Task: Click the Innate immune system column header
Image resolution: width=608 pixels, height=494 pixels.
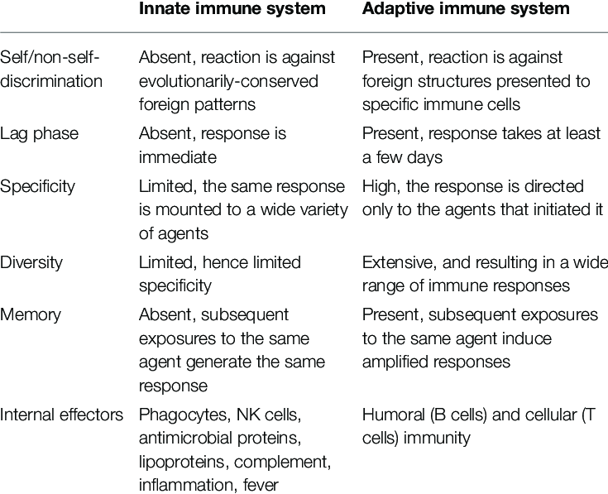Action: pyautogui.click(x=232, y=9)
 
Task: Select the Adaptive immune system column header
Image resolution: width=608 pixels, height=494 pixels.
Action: pyautogui.click(x=466, y=9)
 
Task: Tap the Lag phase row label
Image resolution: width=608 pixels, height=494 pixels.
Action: pyautogui.click(x=39, y=134)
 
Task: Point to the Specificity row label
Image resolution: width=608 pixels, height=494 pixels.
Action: pyautogui.click(x=37, y=187)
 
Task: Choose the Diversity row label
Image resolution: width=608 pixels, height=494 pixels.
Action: pyautogui.click(x=31, y=262)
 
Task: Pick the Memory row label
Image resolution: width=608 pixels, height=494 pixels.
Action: pyautogui.click(x=31, y=315)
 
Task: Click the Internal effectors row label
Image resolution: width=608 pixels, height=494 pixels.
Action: pyautogui.click(x=61, y=415)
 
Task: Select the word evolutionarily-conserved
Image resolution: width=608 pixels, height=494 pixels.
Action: pyautogui.click(x=228, y=81)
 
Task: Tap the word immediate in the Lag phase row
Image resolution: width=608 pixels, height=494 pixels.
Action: pyautogui.click(x=178, y=157)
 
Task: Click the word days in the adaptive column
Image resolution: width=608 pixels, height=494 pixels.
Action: pyautogui.click(x=425, y=158)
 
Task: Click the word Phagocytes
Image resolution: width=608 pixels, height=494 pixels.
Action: pyautogui.click(x=183, y=415)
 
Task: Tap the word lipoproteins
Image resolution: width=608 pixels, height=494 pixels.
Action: pyautogui.click(x=184, y=463)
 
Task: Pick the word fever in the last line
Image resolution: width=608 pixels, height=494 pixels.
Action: pyautogui.click(x=261, y=485)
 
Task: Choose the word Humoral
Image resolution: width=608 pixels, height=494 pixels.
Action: pyautogui.click(x=394, y=415)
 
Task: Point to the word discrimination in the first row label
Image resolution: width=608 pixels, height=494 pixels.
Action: pyautogui.click(x=51, y=81)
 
